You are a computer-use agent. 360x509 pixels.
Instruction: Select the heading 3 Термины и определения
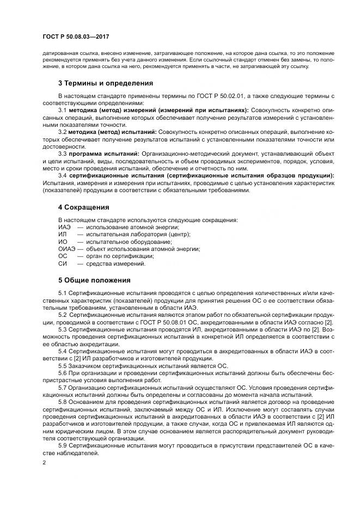[x=105, y=83]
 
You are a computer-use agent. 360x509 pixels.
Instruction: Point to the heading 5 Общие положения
[x=94, y=280]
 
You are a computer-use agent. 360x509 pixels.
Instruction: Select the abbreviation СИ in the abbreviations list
[x=63, y=263]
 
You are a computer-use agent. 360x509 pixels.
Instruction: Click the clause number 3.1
[x=63, y=110]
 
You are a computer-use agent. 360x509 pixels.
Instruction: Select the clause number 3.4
[x=63, y=175]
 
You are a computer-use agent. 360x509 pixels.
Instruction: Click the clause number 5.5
[x=63, y=366]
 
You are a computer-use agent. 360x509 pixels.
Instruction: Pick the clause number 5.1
[x=63, y=293]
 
